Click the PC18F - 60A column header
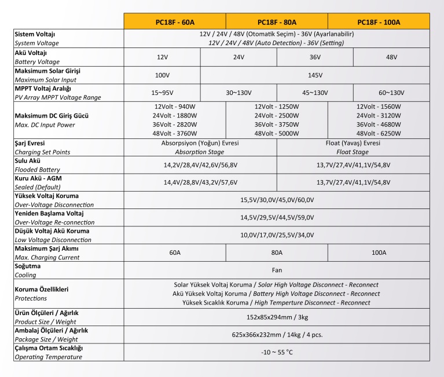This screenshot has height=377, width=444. pos(175,22)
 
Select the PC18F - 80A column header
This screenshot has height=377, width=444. pos(277,22)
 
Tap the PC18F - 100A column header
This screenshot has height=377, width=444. pos(379,22)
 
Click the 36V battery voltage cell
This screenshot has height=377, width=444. pos(315,57)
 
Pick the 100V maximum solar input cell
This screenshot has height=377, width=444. pos(163,75)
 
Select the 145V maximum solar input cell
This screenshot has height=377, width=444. pos(315,75)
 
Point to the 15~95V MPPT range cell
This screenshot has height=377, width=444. pos(163,93)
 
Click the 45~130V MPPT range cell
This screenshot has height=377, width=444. pos(315,93)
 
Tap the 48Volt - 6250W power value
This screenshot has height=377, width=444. pos(379,133)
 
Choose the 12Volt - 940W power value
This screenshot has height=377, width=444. pos(175,107)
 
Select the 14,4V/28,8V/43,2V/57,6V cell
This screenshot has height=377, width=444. pos(201,182)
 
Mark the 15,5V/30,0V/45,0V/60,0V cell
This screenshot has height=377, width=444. pos(277,200)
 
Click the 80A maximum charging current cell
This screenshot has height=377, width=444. pos(277,252)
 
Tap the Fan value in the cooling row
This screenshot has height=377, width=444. pos(277,270)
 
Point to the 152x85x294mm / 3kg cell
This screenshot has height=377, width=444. pos(277,317)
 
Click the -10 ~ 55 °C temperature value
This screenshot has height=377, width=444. pos(277,352)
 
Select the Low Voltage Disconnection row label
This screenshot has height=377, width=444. pos(52,239)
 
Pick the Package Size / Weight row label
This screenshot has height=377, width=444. pos(46,339)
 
